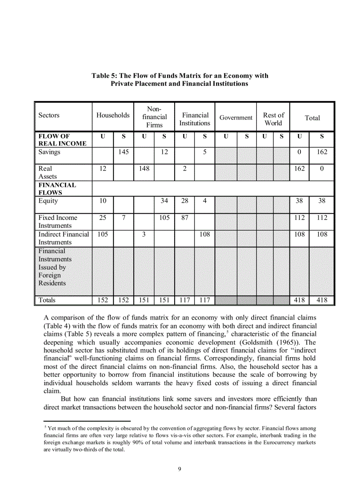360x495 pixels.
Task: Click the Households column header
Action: tap(113, 115)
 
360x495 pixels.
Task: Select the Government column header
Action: tap(236, 118)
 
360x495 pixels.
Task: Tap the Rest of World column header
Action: tap(274, 119)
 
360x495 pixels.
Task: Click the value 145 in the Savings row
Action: tap(123, 152)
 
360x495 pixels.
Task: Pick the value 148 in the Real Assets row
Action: tap(144, 168)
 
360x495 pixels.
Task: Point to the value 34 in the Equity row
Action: tap(164, 201)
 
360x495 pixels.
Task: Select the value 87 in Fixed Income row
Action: tap(184, 218)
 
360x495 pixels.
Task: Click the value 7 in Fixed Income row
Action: tap(123, 218)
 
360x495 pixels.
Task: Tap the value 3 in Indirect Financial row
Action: tap(144, 234)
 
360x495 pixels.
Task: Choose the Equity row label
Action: tap(48, 201)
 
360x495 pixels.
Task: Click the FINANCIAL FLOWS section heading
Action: tap(57, 189)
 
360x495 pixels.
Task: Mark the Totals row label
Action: tap(47, 300)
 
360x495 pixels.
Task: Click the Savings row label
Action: tap(49, 152)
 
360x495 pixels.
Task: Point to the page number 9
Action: tap(180, 469)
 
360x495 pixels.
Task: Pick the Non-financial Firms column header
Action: tap(154, 117)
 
